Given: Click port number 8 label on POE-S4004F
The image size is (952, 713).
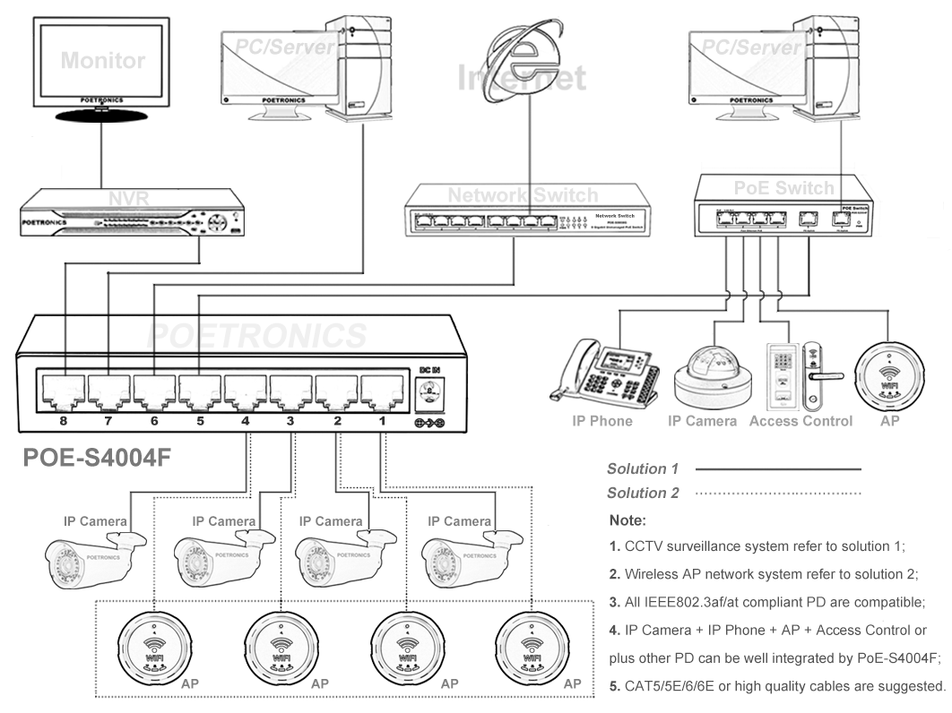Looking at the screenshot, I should (63, 419).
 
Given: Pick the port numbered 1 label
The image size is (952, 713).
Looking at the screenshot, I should (382, 419).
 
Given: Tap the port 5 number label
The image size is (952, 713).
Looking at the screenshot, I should (200, 419).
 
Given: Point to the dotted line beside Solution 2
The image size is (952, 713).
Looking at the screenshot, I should (777, 493).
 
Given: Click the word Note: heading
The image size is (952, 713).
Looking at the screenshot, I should (627, 520).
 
